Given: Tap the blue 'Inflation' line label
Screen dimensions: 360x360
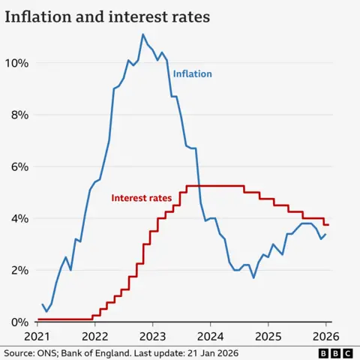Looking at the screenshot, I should [193, 74].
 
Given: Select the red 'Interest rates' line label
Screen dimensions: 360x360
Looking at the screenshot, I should [140, 198].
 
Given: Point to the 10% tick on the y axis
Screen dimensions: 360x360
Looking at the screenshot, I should [17, 63].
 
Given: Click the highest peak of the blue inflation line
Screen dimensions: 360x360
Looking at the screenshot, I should [142, 34].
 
